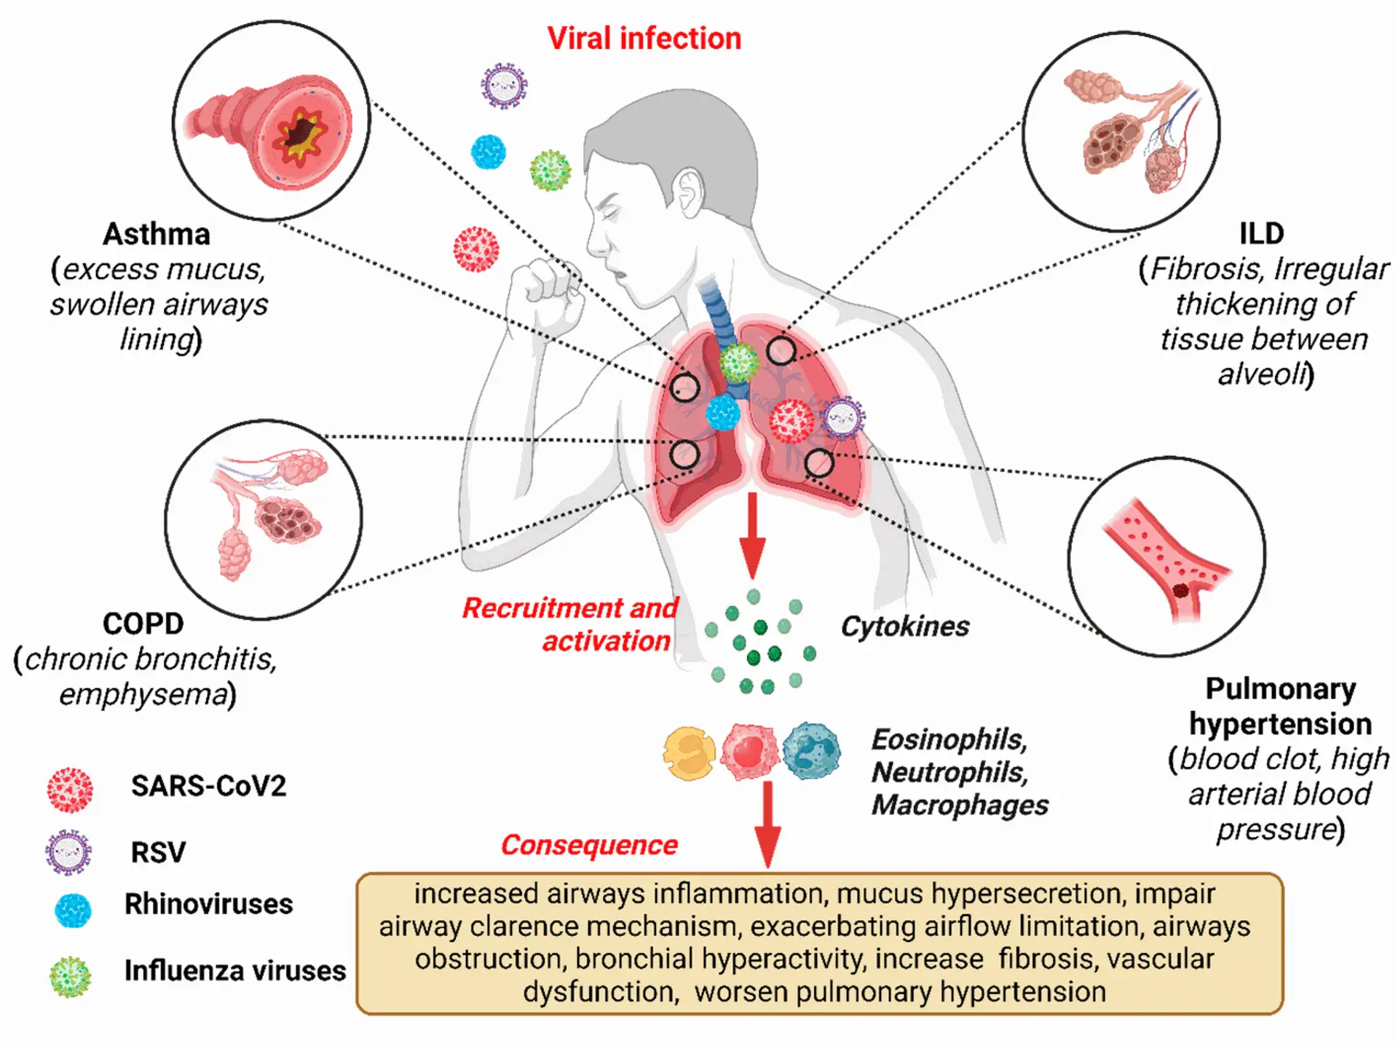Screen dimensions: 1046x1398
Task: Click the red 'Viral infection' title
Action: [x=644, y=39]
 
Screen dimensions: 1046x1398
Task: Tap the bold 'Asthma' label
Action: [x=157, y=235]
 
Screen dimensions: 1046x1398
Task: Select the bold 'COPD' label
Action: [x=143, y=624]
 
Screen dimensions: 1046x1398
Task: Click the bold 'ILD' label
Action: [x=1261, y=234]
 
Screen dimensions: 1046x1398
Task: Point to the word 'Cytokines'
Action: [x=904, y=626]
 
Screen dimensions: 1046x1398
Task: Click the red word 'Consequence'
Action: [x=588, y=845]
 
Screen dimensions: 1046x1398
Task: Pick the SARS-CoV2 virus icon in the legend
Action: [x=70, y=790]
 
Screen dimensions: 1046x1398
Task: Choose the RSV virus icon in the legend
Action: [x=69, y=852]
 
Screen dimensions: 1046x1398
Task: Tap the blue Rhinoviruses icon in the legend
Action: [x=73, y=911]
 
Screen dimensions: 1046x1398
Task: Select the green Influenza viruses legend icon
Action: [x=71, y=976]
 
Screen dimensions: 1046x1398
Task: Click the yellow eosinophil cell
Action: [x=689, y=753]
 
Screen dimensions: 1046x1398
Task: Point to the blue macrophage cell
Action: [x=811, y=751]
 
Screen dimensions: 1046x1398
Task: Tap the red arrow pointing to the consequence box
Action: [x=767, y=823]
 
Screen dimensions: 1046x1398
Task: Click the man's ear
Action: [x=687, y=193]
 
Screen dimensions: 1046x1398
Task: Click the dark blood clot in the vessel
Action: [x=1181, y=591]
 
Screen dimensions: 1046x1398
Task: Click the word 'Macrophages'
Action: [x=960, y=805]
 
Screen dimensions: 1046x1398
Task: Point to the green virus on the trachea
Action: [x=739, y=363]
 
